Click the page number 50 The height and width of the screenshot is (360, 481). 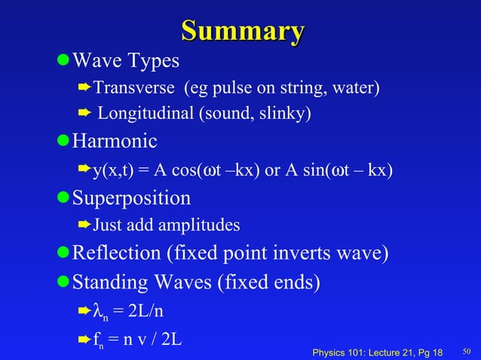(x=467, y=350)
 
